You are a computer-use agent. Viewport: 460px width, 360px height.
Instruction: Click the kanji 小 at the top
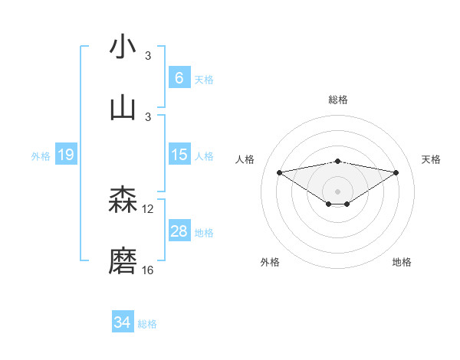123,47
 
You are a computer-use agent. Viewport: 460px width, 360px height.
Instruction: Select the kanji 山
123,107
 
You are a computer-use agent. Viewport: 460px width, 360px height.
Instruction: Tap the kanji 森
123,201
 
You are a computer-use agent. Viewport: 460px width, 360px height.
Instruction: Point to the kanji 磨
123,261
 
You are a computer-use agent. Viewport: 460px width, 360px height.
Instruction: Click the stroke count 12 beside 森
148,209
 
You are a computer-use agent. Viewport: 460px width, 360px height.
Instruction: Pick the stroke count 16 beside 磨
148,270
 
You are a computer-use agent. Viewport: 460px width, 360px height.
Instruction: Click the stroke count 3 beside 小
148,55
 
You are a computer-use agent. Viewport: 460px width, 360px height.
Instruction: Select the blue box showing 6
179,78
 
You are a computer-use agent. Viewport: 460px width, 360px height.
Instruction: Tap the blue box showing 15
179,155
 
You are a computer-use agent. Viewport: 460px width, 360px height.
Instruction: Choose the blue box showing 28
179,231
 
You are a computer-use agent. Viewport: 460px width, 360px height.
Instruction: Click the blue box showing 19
66,155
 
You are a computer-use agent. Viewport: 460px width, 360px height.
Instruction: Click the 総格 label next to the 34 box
148,324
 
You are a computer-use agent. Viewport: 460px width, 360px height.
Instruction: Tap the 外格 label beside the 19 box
41,156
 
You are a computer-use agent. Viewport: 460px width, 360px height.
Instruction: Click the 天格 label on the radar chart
432,159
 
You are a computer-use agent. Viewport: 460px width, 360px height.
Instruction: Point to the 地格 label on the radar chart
402,263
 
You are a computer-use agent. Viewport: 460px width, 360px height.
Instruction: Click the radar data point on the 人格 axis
279,172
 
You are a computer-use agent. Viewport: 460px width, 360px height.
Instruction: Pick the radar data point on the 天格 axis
396,172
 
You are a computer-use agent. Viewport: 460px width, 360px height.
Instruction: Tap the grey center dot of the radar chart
338,191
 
